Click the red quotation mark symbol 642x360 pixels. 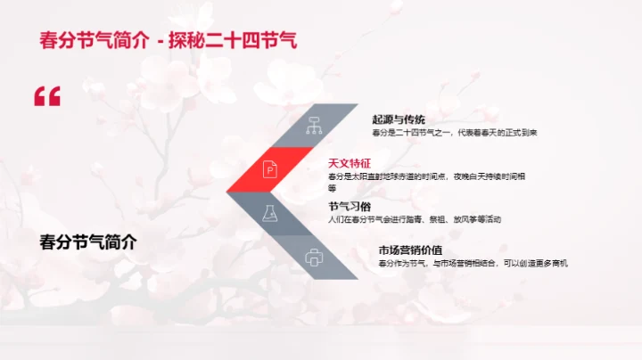pyautogui.click(x=47, y=96)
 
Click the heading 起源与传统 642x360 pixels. pyautogui.click(x=399, y=119)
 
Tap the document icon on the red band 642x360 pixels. pyautogui.click(x=270, y=168)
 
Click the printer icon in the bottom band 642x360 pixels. pyautogui.click(x=313, y=258)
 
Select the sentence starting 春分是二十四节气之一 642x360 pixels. pyautogui.click(x=455, y=133)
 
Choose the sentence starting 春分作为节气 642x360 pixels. pyautogui.click(x=473, y=263)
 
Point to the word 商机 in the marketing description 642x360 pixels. pyautogui.click(x=558, y=263)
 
